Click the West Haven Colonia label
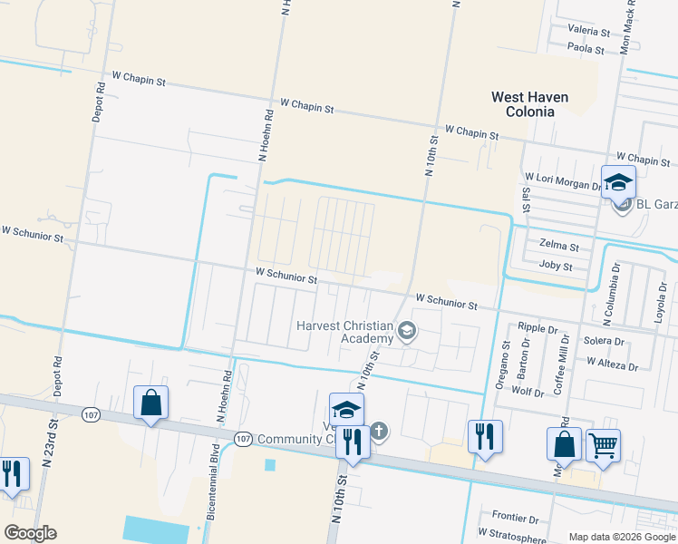coord(522,103)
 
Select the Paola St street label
coord(586,47)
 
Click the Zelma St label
coord(558,246)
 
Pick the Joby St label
coord(556,267)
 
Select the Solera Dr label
coord(605,342)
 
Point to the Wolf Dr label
coord(528,393)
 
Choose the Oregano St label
coord(500,364)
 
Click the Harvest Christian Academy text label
coord(343,332)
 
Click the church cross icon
coord(379,431)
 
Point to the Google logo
coord(30,533)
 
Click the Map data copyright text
coord(621,537)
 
